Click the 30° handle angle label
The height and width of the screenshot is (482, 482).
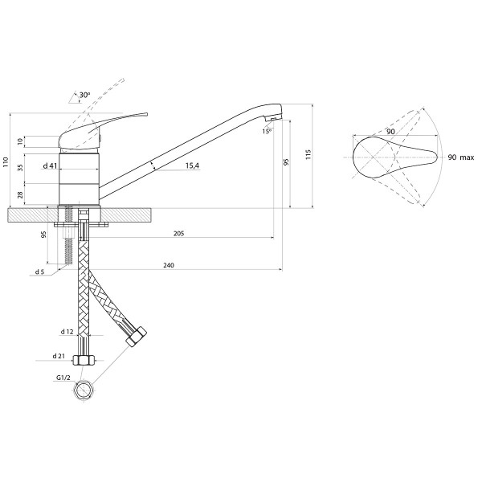tap(84, 95)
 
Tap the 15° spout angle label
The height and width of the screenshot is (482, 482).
tap(267, 131)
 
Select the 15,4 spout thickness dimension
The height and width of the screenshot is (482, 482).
tap(192, 165)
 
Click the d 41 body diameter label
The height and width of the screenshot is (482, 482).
tap(50, 166)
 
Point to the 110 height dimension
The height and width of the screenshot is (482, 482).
tap(6, 162)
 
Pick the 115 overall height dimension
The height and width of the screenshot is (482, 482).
tap(308, 154)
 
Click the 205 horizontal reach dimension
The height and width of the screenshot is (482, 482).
tap(178, 234)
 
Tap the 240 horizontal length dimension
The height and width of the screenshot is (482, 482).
tap(169, 265)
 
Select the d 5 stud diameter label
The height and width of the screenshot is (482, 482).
tap(39, 272)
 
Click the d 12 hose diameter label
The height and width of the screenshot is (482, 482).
tap(67, 332)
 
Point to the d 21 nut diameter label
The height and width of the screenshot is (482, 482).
tap(59, 356)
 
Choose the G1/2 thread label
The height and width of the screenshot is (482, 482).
tap(63, 378)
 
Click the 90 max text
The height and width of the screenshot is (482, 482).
tap(461, 157)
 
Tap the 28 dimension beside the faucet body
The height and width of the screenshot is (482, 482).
tap(20, 194)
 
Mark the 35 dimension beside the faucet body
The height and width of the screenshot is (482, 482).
tap(20, 168)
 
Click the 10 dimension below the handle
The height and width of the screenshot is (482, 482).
tap(20, 141)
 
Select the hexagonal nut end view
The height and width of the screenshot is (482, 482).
tap(84, 390)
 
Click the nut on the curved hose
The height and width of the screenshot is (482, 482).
tap(137, 337)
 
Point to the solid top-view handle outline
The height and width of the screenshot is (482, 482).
tap(395, 157)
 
